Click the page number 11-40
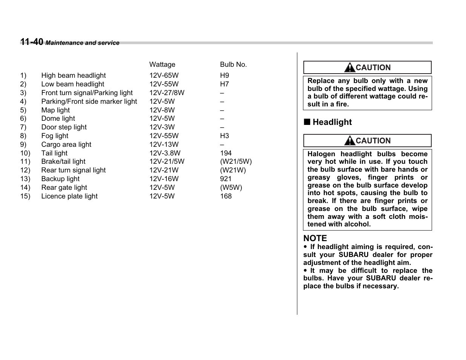pyautogui.click(x=32, y=42)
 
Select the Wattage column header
pyautogui.click(x=162, y=65)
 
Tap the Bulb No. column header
pyautogui.click(x=233, y=65)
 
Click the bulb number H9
pyautogui.click(x=225, y=75)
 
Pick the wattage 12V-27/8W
pyautogui.click(x=167, y=93)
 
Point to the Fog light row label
pyautogui.click(x=55, y=136)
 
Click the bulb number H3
pyautogui.click(x=225, y=136)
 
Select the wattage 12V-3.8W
pyautogui.click(x=165, y=153)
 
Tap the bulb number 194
pyautogui.click(x=226, y=153)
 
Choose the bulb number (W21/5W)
pyautogui.click(x=236, y=162)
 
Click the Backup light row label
pyautogui.click(x=60, y=179)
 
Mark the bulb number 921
pyautogui.click(x=226, y=179)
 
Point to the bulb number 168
pyautogui.click(x=226, y=196)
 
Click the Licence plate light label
pyautogui.click(x=69, y=196)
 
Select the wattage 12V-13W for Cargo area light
pyautogui.click(x=164, y=145)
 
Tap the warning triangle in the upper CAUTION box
pyautogui.click(x=349, y=68)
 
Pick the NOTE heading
pyautogui.click(x=315, y=238)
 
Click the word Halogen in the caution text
pyautogui.click(x=321, y=154)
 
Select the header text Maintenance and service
pyautogui.click(x=83, y=43)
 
